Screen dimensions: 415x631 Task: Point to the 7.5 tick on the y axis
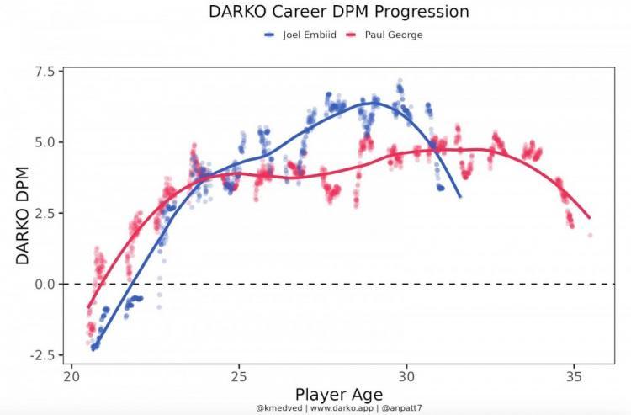tap(44, 72)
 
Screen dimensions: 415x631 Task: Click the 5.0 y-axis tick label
tap(44, 142)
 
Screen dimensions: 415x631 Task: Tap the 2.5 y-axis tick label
tap(44, 213)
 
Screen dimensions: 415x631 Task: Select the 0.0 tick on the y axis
tap(44, 284)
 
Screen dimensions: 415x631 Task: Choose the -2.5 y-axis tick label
tap(41, 355)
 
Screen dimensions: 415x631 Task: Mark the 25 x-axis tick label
tap(239, 375)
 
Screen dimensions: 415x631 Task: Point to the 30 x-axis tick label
tap(407, 375)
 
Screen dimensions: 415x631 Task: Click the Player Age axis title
tap(338, 393)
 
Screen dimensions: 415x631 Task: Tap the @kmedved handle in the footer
tap(279, 408)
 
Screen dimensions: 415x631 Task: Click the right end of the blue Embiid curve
tap(460, 197)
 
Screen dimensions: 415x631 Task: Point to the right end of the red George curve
tap(589, 218)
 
